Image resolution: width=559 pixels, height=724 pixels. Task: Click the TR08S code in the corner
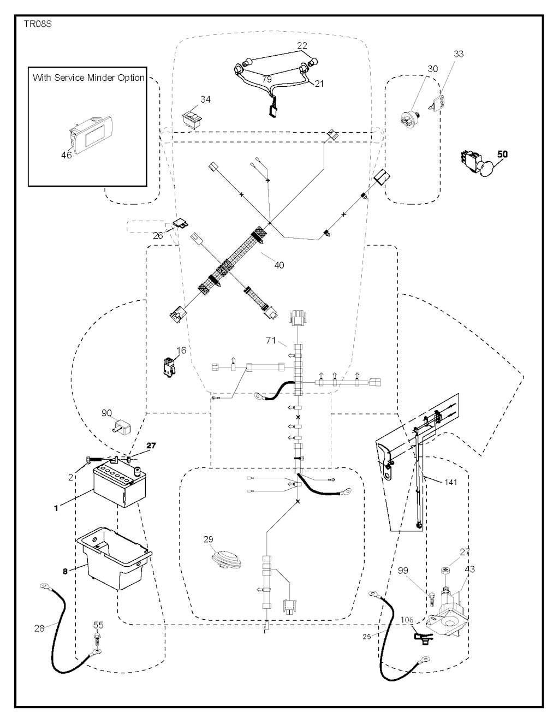click(x=38, y=25)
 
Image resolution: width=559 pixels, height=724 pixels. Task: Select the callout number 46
click(x=66, y=155)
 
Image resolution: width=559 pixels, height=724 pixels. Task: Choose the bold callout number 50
click(x=502, y=154)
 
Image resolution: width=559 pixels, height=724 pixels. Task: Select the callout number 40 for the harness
click(x=279, y=265)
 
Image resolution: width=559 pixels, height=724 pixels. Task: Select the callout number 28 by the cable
click(x=39, y=628)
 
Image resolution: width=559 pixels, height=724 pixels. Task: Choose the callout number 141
click(x=450, y=482)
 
